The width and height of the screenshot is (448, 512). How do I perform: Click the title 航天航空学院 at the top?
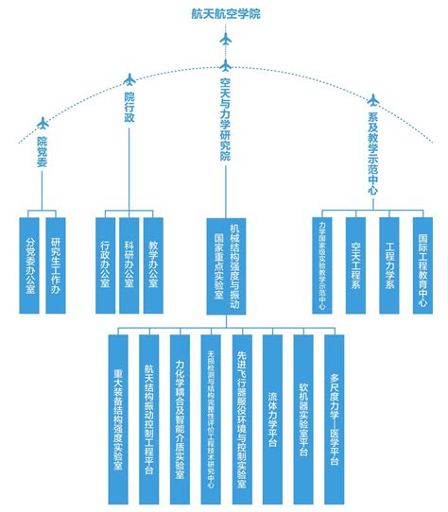click(224, 13)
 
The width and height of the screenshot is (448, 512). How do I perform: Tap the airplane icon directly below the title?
click(225, 41)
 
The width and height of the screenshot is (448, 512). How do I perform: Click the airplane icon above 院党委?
click(42, 123)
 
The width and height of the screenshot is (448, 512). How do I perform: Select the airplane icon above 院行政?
click(129, 79)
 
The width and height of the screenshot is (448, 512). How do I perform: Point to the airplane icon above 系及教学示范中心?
click(372, 98)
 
